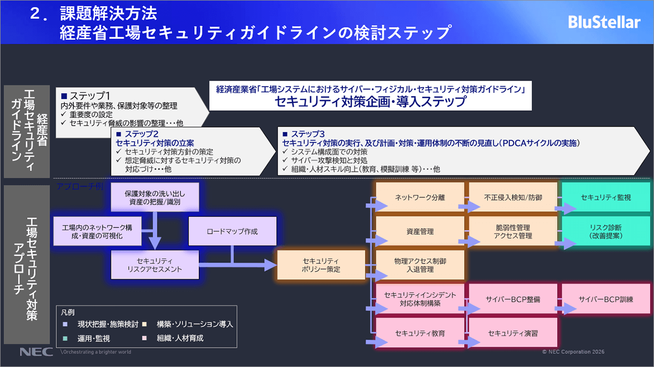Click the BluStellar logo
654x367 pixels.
pos(604,22)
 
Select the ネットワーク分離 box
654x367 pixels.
pos(420,197)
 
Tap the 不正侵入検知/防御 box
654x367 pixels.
pos(512,197)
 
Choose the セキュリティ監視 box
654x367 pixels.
pos(605,197)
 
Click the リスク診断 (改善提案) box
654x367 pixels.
pos(605,231)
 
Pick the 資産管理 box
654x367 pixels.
pos(420,231)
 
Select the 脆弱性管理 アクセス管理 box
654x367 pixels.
pos(512,231)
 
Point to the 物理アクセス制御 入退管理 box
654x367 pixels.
pos(420,265)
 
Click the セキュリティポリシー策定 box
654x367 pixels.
pos(321,265)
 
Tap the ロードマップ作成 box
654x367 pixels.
pos(232,231)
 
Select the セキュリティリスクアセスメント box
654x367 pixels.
pos(155,265)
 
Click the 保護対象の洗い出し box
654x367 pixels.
pos(155,198)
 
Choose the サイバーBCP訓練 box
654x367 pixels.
pos(605,299)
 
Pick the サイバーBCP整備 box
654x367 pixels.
pos(512,299)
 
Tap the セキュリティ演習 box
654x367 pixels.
pos(512,333)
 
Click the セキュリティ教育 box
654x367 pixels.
pos(420,333)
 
